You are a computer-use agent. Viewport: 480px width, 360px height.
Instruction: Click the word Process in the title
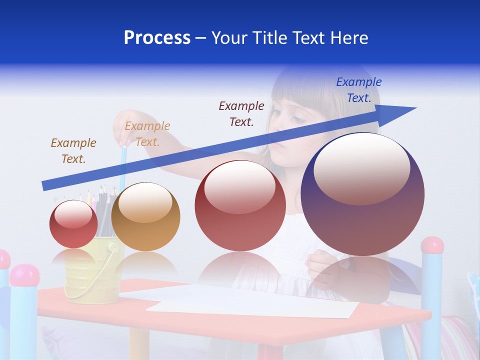tap(157, 38)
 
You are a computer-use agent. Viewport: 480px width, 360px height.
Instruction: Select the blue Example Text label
tap(359, 90)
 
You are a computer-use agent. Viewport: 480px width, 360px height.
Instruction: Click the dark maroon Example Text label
tap(241, 113)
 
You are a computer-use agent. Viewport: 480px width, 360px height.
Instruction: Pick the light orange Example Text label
tap(147, 133)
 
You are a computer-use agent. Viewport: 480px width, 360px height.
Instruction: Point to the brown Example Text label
tap(73, 150)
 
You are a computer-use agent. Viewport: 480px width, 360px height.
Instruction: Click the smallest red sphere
tap(73, 224)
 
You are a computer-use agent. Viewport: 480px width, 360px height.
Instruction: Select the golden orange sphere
tap(145, 216)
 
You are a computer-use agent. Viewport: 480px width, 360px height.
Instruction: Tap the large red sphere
tap(240, 205)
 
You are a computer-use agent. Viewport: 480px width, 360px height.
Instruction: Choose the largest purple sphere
tap(362, 194)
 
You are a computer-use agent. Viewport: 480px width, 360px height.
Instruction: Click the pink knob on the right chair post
tap(432, 245)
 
